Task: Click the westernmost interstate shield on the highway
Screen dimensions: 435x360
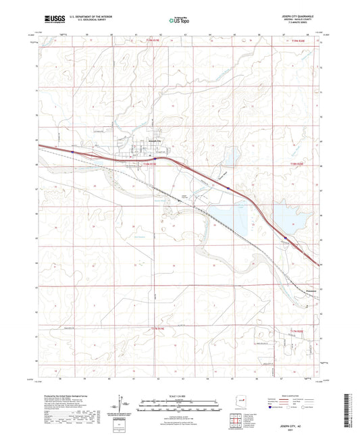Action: (x=72, y=153)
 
